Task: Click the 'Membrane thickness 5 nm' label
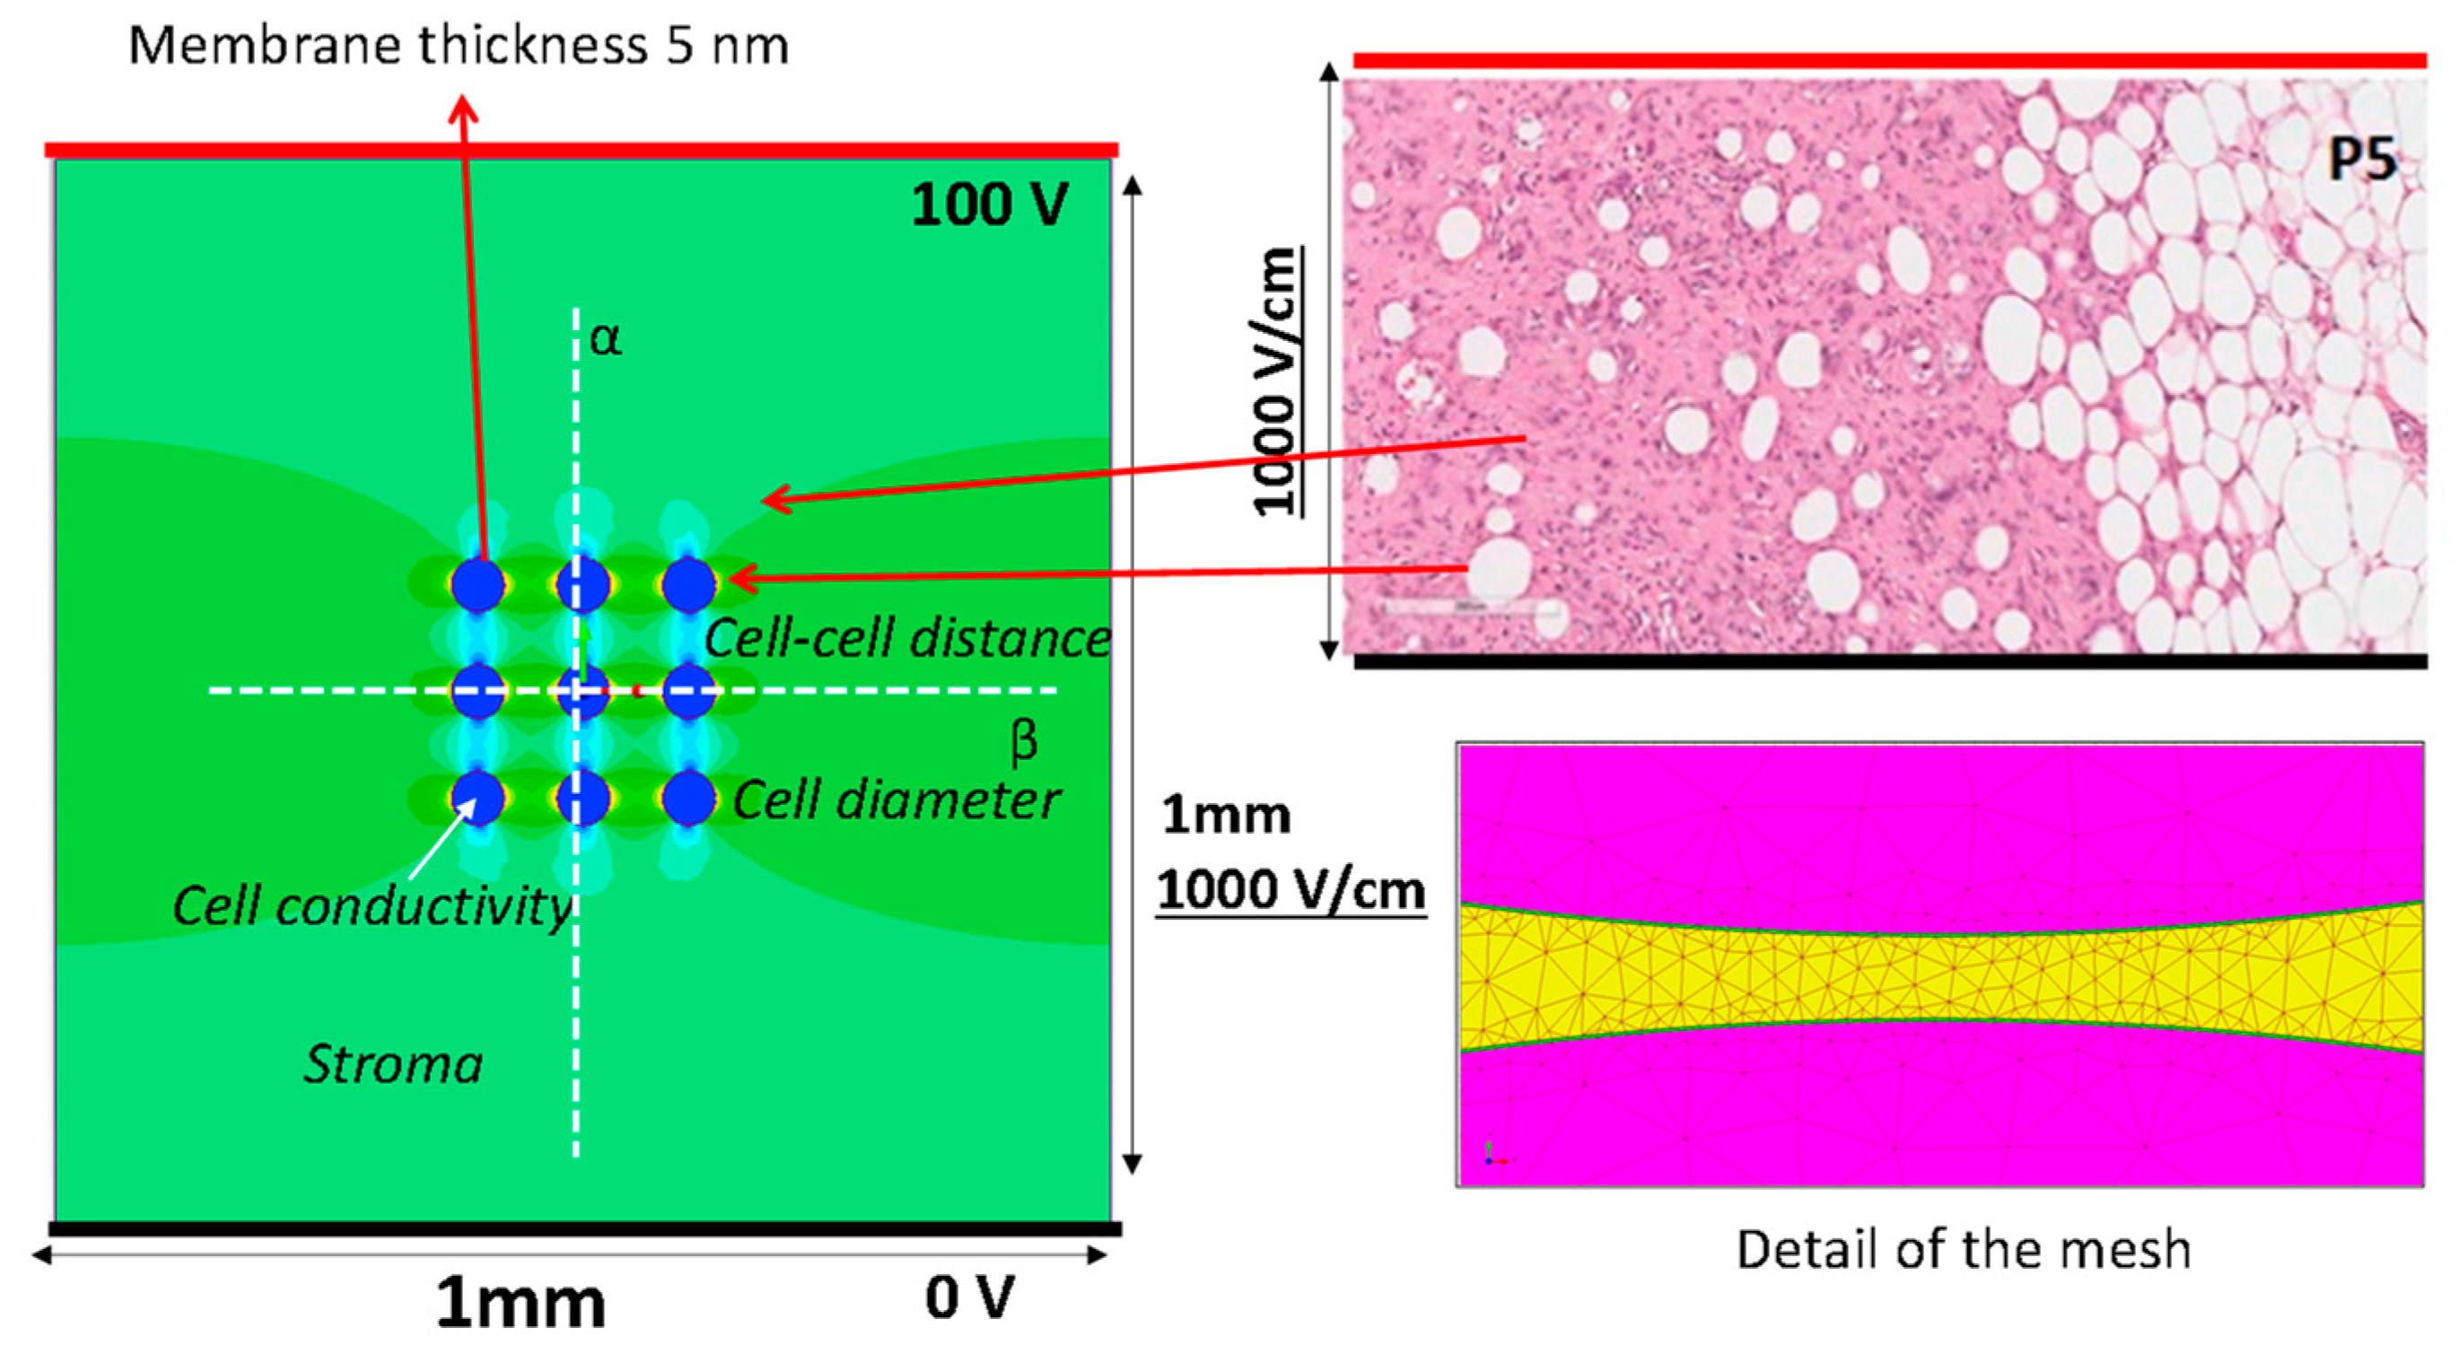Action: click(459, 45)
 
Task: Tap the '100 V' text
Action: click(989, 205)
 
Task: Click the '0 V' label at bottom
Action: click(968, 1297)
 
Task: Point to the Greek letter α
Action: click(606, 338)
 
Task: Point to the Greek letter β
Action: click(1024, 742)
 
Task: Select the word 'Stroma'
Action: click(393, 1063)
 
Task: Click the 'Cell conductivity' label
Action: click(372, 905)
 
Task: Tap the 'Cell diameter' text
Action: click(896, 799)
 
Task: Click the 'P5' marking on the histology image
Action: click(2361, 160)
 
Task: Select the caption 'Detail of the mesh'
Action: click(1963, 1249)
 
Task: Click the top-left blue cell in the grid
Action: click(477, 584)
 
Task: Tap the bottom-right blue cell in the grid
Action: click(687, 798)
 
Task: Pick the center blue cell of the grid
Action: click(582, 690)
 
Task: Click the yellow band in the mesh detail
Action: click(1939, 976)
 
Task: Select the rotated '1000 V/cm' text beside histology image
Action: click(1276, 382)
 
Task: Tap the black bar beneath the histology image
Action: click(1891, 660)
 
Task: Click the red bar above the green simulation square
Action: click(581, 150)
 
